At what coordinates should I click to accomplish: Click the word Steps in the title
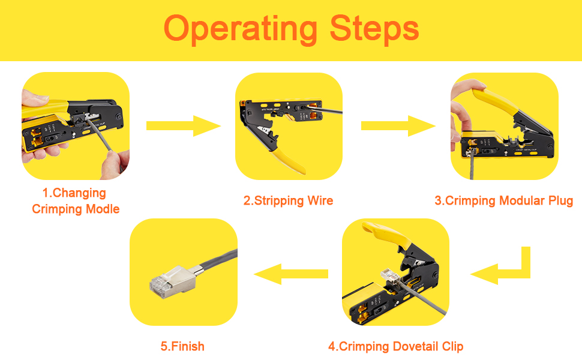[374, 29]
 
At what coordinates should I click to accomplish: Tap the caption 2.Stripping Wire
[289, 201]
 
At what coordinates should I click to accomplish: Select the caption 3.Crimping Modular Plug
[503, 201]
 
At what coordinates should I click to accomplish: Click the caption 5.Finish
[182, 346]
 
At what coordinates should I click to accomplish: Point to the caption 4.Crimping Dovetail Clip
[395, 347]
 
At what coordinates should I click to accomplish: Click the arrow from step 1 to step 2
[184, 126]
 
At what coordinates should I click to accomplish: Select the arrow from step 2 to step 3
[398, 126]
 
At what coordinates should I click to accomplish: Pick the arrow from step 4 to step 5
[291, 274]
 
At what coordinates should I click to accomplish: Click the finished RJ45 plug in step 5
[173, 281]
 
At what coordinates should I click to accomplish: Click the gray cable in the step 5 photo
[218, 262]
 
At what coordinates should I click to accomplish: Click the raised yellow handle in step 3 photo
[494, 99]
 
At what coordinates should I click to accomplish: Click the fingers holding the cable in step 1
[115, 165]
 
